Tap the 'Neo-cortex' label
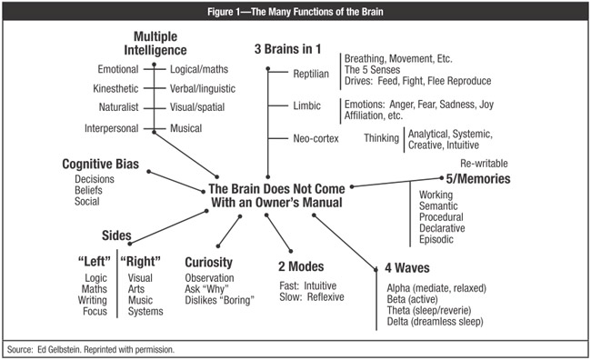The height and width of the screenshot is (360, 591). point(297,138)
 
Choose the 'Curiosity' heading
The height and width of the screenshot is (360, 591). point(208,263)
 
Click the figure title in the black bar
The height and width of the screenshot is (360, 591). point(295,11)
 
